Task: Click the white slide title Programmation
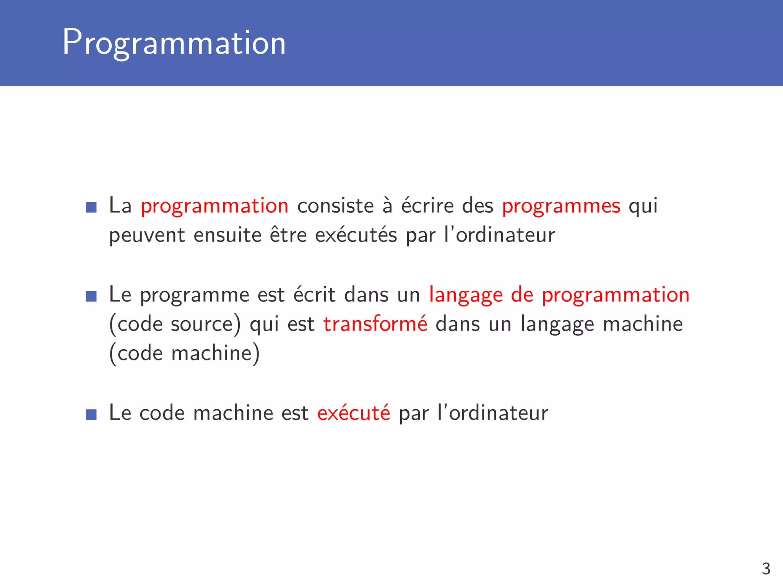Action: coord(174,43)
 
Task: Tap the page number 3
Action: coord(766,569)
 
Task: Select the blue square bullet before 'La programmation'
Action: coord(91,208)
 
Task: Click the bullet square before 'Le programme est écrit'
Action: coord(91,296)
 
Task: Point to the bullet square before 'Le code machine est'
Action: coord(91,414)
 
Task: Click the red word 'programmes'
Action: coord(561,206)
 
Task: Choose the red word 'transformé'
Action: coord(375,324)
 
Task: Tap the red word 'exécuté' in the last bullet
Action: coord(354,413)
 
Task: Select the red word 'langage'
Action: coord(466,295)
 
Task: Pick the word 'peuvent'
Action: coord(147,235)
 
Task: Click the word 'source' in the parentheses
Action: coord(201,324)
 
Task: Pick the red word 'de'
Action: coord(522,295)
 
